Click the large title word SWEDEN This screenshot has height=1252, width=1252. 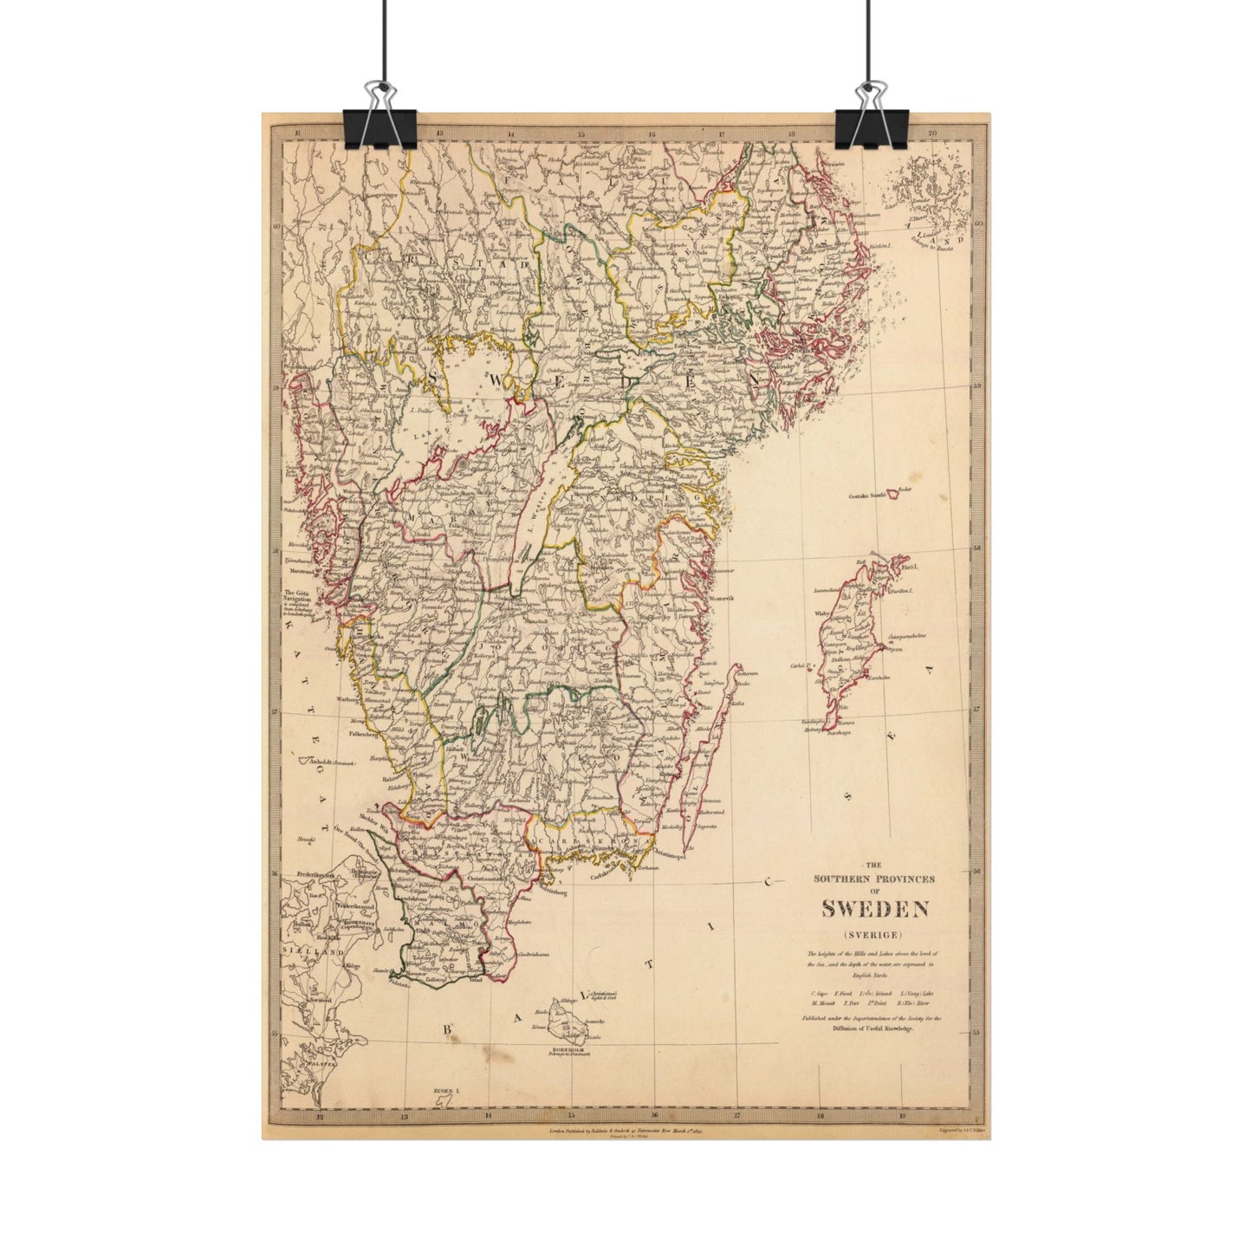tap(875, 909)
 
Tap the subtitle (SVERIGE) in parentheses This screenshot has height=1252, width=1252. tap(874, 934)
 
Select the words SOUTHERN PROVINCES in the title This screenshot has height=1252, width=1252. tap(874, 878)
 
